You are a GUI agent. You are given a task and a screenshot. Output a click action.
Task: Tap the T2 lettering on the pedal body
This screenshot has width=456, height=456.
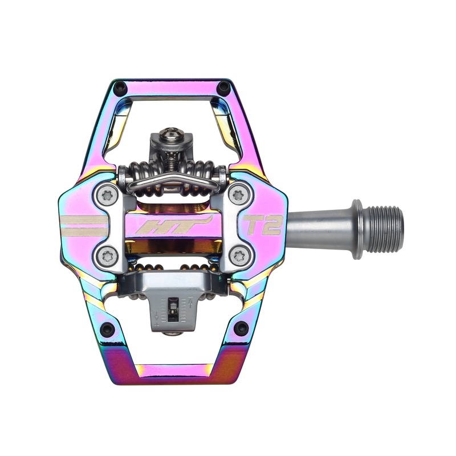click(x=263, y=224)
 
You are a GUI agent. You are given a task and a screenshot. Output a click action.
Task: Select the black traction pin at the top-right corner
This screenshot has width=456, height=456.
click(x=224, y=87)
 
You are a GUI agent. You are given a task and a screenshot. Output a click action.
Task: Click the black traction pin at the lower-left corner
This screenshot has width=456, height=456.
click(x=107, y=329)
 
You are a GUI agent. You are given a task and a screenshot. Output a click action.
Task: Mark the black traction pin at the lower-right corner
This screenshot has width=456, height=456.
click(x=241, y=328)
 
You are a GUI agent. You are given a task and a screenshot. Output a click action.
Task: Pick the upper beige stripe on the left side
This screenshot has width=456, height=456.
click(x=84, y=218)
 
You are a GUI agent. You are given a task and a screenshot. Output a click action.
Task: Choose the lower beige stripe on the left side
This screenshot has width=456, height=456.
click(x=84, y=231)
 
